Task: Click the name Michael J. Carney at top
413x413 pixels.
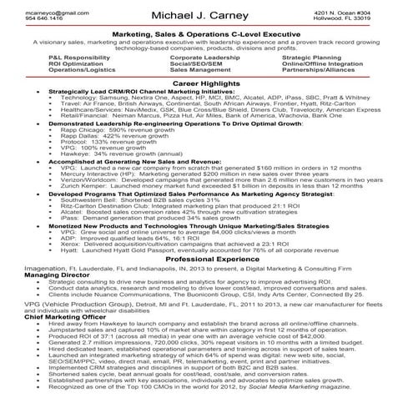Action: (205, 17)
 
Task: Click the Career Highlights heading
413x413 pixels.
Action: (205, 84)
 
